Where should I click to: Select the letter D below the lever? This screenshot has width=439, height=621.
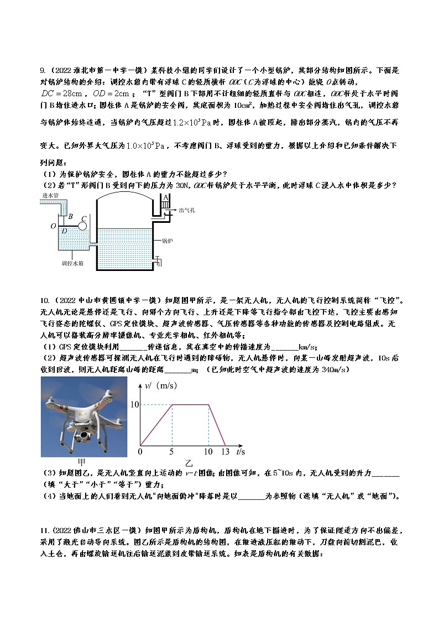tap(64, 231)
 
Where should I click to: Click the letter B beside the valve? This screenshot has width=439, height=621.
tap(71, 217)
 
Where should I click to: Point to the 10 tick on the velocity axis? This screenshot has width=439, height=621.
tap(134, 405)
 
